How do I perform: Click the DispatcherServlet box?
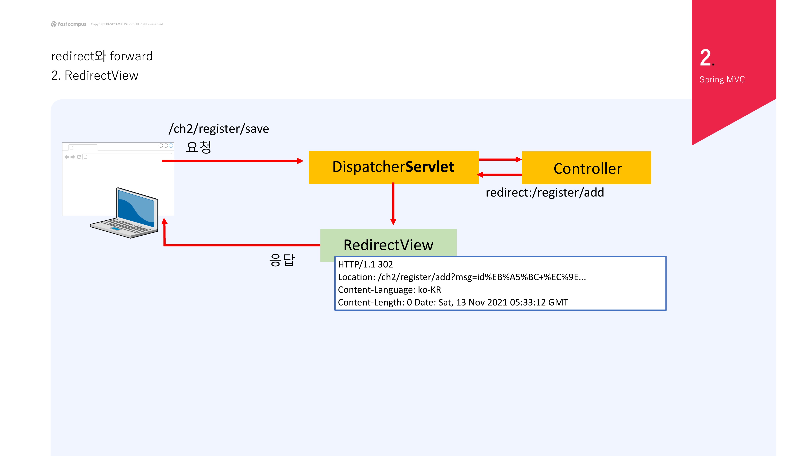(393, 167)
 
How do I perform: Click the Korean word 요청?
(198, 147)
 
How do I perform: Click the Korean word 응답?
(282, 260)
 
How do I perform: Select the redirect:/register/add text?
(545, 192)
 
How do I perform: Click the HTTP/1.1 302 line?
(365, 264)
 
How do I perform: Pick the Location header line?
(462, 277)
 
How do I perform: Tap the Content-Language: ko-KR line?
(389, 289)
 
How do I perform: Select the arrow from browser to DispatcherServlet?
(233, 161)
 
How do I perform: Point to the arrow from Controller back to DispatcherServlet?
(500, 175)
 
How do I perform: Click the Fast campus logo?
(69, 24)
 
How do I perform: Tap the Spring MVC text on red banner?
(722, 80)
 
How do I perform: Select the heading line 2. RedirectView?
(95, 76)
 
